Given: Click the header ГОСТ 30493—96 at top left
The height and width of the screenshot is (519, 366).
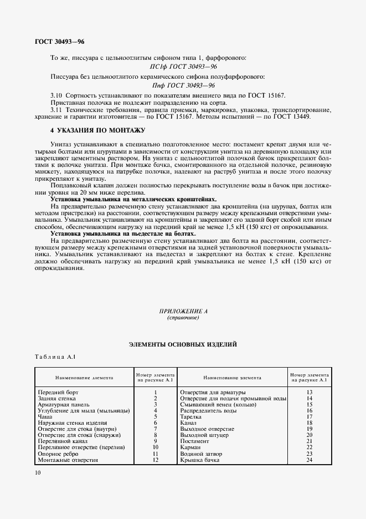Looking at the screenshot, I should [60, 41].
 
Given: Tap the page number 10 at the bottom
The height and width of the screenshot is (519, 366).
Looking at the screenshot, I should [37, 472].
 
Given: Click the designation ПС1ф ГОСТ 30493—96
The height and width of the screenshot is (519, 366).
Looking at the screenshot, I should [185, 67].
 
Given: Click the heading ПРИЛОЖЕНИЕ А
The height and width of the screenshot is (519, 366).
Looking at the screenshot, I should [183, 312].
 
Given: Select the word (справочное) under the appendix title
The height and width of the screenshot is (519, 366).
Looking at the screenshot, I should [183, 318].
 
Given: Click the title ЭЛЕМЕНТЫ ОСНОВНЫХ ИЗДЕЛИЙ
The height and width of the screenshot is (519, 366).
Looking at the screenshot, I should [183, 344].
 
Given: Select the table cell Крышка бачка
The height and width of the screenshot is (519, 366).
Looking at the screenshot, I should [199, 460].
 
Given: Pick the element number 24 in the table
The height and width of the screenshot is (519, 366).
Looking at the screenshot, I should [310, 460].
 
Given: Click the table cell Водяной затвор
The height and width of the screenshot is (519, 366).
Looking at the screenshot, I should [201, 454].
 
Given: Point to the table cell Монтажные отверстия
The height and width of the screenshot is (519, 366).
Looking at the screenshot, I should [68, 460].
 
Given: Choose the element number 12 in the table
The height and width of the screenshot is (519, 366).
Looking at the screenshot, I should [156, 460].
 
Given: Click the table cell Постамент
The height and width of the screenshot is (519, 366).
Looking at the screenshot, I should [195, 441].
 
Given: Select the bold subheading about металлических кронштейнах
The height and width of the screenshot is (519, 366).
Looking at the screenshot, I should [133, 199].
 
